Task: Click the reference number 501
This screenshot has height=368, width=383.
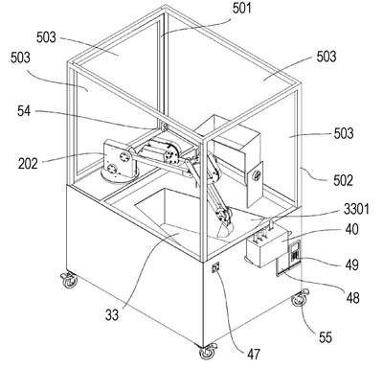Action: [242, 9]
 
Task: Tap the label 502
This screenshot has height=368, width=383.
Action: [343, 180]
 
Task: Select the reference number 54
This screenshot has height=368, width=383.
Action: [24, 111]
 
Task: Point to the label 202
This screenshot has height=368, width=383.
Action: [28, 164]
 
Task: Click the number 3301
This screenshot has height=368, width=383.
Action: [356, 210]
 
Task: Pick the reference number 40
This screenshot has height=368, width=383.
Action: [351, 229]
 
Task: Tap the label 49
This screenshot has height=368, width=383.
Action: [352, 264]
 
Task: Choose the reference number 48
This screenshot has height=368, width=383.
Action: [352, 298]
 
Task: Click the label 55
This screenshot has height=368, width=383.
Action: [326, 337]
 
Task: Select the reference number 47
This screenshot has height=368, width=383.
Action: [254, 354]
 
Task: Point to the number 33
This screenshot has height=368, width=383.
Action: [112, 315]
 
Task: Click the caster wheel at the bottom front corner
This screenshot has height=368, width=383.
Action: [208, 352]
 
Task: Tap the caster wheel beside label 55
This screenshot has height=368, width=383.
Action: [301, 297]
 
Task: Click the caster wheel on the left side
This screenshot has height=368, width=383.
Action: [69, 279]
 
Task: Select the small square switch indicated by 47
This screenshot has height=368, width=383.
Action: [216, 266]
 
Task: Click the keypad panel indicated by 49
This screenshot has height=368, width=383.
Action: [294, 253]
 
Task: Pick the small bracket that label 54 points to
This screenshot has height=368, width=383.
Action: [165, 126]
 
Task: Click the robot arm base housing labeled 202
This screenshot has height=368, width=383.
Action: [119, 161]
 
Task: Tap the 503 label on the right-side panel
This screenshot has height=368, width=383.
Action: [344, 133]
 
